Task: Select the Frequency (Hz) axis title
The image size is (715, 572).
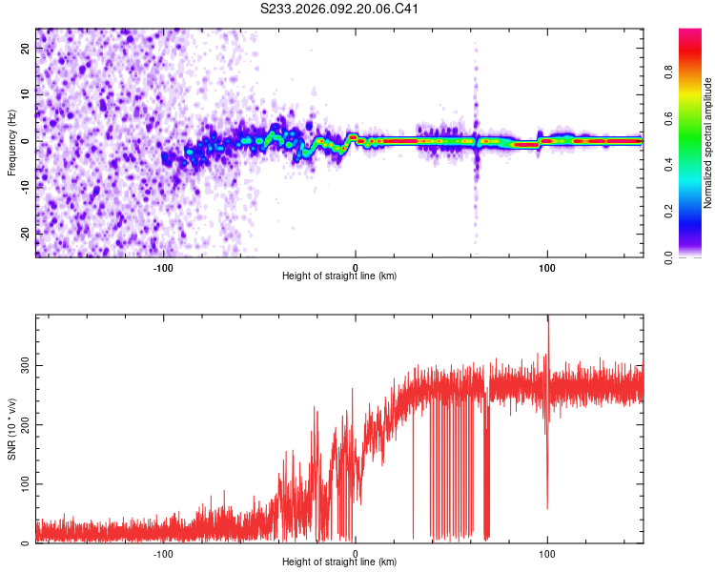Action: coord(12,141)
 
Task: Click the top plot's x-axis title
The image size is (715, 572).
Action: coord(339,276)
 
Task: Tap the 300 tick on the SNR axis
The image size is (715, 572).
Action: coord(24,365)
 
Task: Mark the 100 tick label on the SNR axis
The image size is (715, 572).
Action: coord(24,484)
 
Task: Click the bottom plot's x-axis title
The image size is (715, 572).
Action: coord(339,562)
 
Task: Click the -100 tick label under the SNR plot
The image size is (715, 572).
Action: coord(163,552)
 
